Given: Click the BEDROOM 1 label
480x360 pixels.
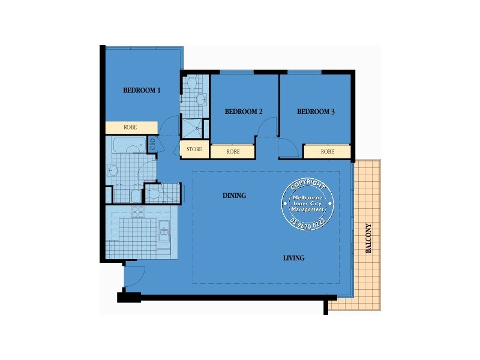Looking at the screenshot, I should (x=142, y=91).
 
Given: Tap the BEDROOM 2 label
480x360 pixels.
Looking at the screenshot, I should (x=244, y=112).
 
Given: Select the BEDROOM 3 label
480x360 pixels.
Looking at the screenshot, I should (x=316, y=112).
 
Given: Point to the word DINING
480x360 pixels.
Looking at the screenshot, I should (x=235, y=196).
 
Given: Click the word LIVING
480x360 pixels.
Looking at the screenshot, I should (x=294, y=258).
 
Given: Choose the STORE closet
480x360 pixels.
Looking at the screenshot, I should (x=194, y=149).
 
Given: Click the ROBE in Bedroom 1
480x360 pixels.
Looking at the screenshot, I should (x=131, y=128).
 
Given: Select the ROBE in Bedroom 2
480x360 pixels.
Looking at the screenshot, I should (x=233, y=152).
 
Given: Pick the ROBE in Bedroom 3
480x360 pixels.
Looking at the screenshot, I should (x=327, y=152).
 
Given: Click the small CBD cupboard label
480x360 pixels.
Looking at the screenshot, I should (x=152, y=143).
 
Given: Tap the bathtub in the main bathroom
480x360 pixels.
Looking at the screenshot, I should (x=129, y=145).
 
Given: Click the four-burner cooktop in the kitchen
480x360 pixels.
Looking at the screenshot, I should (x=138, y=211).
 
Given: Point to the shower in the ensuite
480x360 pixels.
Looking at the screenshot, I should (x=194, y=127).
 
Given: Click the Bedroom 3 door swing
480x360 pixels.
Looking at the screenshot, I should (x=286, y=148).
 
